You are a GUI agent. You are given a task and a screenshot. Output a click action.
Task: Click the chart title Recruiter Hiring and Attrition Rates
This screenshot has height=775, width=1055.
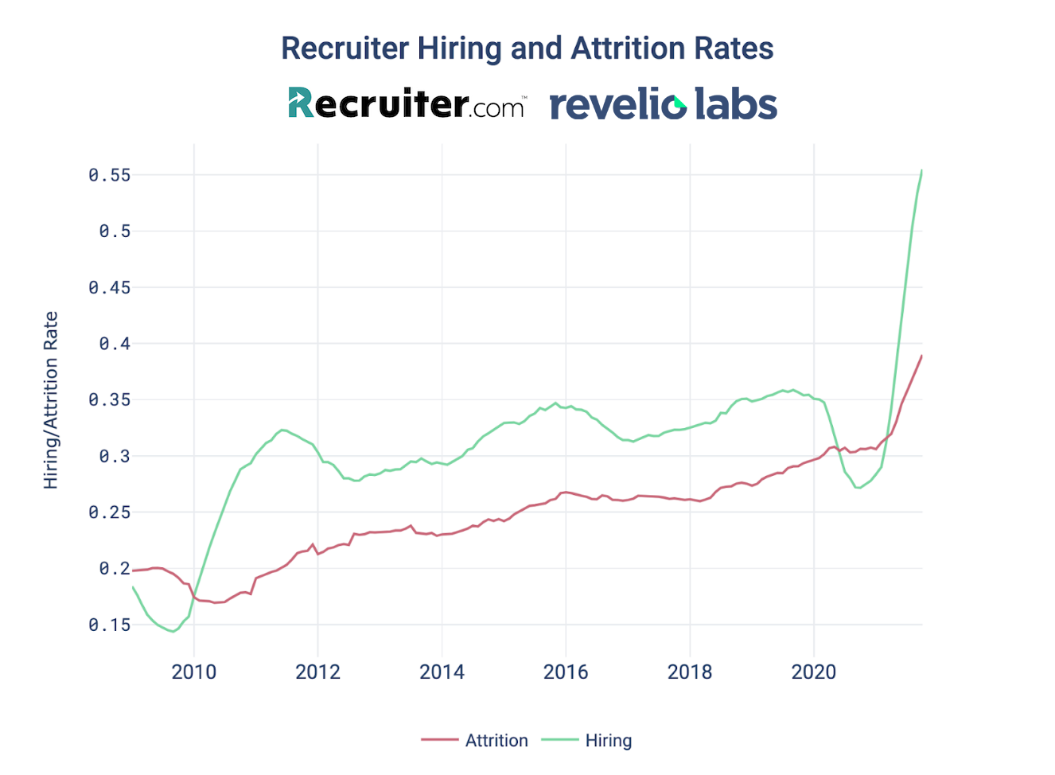click(x=527, y=49)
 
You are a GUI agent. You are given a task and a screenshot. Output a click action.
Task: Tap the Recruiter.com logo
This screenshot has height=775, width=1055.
click(x=406, y=103)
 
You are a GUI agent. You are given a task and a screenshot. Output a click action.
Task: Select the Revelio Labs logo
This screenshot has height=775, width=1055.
click(x=663, y=104)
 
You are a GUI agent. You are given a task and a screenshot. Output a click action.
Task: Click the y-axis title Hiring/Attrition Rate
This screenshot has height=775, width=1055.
click(x=51, y=400)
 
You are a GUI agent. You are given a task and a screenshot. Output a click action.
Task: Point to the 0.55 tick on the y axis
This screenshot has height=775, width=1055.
click(x=109, y=175)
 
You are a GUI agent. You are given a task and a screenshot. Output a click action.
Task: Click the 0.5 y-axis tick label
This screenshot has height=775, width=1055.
click(x=115, y=232)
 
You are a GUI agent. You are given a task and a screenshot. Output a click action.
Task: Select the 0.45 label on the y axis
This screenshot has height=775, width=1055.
click(x=109, y=288)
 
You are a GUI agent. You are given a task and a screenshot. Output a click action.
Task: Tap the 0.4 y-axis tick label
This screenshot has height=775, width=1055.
click(x=115, y=344)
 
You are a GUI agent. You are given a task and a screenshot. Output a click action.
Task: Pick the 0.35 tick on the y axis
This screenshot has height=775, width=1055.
click(x=109, y=400)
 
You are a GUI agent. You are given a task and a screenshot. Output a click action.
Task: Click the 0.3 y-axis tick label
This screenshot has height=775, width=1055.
click(x=115, y=457)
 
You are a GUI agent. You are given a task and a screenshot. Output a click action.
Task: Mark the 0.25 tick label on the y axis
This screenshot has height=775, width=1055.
click(x=109, y=512)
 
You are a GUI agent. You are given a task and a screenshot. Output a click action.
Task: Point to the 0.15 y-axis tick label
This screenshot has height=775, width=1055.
click(x=109, y=625)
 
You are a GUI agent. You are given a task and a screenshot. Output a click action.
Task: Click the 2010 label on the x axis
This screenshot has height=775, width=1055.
click(x=194, y=672)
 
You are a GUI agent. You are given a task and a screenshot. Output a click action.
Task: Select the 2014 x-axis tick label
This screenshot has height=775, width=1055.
click(x=442, y=672)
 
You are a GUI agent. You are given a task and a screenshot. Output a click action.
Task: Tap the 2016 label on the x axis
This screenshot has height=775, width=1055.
click(x=566, y=672)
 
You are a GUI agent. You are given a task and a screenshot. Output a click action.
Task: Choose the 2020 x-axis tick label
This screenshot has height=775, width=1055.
click(x=814, y=672)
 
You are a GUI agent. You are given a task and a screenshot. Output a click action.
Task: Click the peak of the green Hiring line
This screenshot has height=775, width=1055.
click(x=921, y=170)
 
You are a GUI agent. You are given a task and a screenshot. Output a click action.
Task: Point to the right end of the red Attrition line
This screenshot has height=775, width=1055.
click(x=921, y=356)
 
